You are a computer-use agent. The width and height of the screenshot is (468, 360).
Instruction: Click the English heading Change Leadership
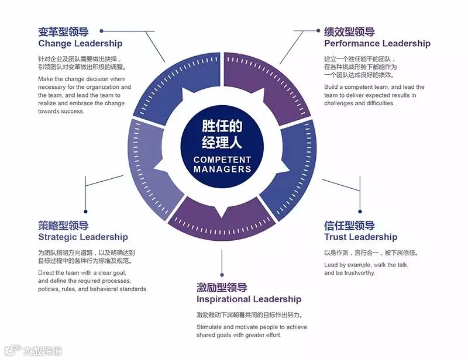80,43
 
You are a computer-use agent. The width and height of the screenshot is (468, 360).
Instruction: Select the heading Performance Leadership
377,43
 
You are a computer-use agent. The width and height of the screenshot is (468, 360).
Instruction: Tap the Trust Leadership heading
360,237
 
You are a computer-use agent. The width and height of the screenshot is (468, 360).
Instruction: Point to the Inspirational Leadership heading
249,299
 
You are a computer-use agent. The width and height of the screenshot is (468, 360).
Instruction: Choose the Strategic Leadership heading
82,237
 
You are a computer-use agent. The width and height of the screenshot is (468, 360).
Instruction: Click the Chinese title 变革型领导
63,32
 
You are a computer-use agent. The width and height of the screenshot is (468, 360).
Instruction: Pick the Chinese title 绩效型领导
349,32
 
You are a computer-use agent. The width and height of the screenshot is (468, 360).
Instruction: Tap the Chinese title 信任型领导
349,226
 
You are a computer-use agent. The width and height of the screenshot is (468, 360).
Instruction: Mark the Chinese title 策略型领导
63,226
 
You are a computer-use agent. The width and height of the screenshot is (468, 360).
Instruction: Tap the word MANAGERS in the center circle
222,169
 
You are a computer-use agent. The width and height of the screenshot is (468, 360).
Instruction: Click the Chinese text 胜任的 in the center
222,126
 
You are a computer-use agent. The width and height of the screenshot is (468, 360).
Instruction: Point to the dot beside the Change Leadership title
102,30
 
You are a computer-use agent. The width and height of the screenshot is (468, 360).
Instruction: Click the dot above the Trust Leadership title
360,212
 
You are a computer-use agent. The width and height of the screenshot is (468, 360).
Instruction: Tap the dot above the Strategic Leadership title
85,212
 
